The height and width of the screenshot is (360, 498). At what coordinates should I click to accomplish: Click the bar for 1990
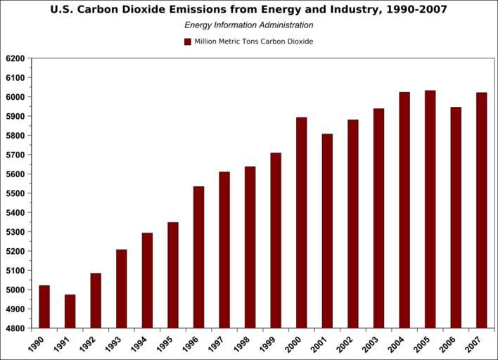(x=44, y=307)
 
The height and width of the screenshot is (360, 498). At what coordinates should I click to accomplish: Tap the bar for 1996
(x=198, y=257)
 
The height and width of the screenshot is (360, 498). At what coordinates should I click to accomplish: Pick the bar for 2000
(x=301, y=223)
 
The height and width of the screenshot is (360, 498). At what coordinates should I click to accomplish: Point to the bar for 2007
(x=481, y=210)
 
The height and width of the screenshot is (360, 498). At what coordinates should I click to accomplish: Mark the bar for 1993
(x=122, y=289)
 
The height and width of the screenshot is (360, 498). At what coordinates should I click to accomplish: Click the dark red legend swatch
(x=188, y=41)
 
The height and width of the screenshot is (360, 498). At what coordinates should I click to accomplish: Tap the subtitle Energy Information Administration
(x=249, y=25)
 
